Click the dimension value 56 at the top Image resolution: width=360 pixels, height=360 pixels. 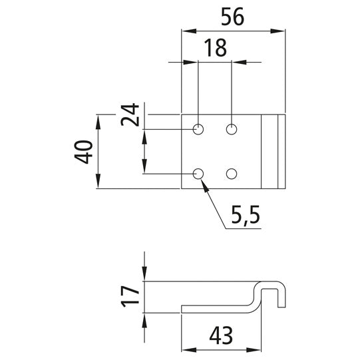pyautogui.click(x=232, y=16)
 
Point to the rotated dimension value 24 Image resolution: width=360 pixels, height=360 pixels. pyautogui.click(x=130, y=114)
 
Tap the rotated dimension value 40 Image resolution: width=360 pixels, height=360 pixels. pyautogui.click(x=83, y=152)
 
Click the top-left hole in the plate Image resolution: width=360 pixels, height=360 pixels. pyautogui.click(x=198, y=129)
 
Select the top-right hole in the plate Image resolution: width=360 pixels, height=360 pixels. pyautogui.click(x=232, y=129)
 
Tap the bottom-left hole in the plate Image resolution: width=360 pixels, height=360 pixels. pyautogui.click(x=198, y=174)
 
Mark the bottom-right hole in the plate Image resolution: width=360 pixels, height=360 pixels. pyautogui.click(x=232, y=174)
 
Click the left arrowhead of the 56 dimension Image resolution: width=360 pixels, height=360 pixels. pyautogui.click(x=186, y=31)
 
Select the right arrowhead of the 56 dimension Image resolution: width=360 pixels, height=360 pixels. pyautogui.click(x=280, y=31)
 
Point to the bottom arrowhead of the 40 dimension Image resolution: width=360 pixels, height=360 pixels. pyautogui.click(x=98, y=184)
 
